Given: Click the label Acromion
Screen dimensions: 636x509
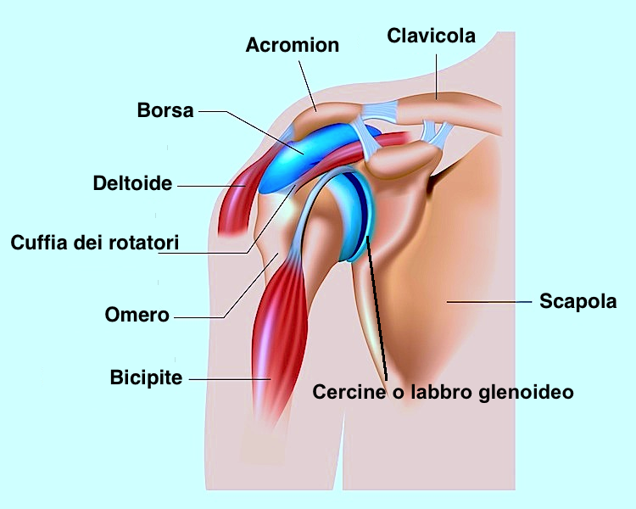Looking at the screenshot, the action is pyautogui.click(x=292, y=45).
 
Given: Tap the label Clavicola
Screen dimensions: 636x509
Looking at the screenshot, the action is pyautogui.click(x=431, y=36).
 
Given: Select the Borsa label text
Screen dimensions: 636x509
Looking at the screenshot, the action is pyautogui.click(x=165, y=110).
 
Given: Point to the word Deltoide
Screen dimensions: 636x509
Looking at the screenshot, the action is pyautogui.click(x=132, y=183).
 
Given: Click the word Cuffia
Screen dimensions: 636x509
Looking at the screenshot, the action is pyautogui.click(x=39, y=243).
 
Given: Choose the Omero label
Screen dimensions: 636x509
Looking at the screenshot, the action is pyautogui.click(x=137, y=315).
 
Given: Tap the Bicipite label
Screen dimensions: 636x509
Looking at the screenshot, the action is pyautogui.click(x=146, y=378).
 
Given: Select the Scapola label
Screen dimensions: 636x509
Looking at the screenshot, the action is pyautogui.click(x=578, y=302).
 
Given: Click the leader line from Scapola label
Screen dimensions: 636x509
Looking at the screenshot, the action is pyautogui.click(x=489, y=302).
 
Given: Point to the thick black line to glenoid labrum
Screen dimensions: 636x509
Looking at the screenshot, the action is pyautogui.click(x=377, y=309).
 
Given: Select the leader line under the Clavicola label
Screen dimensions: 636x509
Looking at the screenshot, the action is pyautogui.click(x=437, y=77).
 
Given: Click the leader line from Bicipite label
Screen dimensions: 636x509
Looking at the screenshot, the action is pyautogui.click(x=230, y=379).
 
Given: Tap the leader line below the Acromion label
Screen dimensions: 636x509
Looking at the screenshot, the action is pyautogui.click(x=308, y=86).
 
